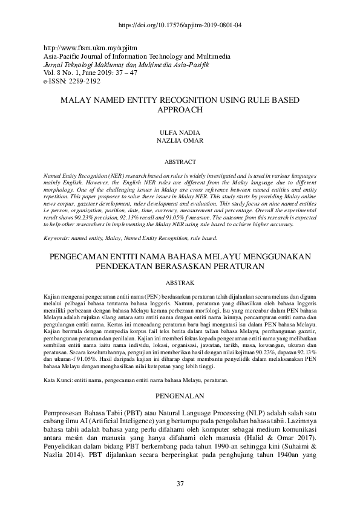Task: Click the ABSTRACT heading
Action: (x=180, y=162)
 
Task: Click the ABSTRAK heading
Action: (x=180, y=282)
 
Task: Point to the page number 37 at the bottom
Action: (x=180, y=482)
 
